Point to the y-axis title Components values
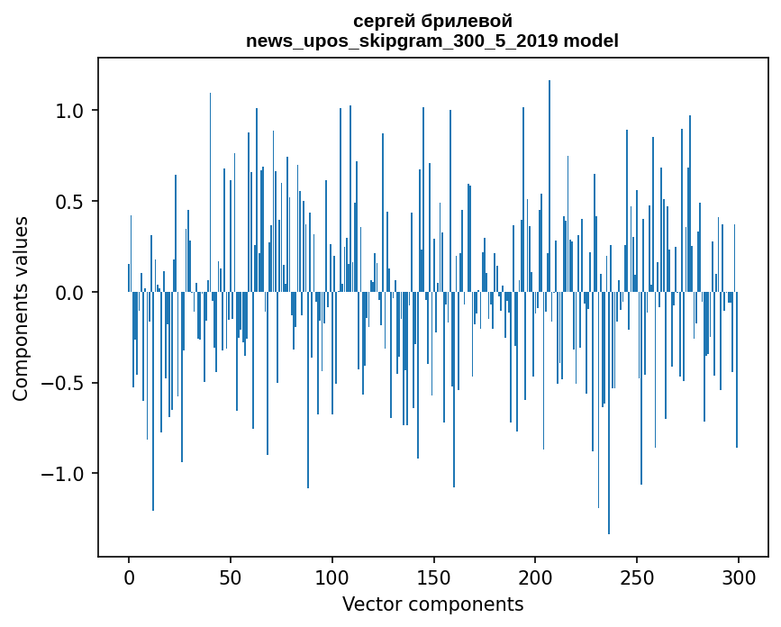pyautogui.click(x=21, y=308)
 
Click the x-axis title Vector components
pyautogui.click(x=432, y=604)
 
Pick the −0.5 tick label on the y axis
pyautogui.click(x=64, y=383)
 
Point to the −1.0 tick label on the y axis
pyautogui.click(x=64, y=474)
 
